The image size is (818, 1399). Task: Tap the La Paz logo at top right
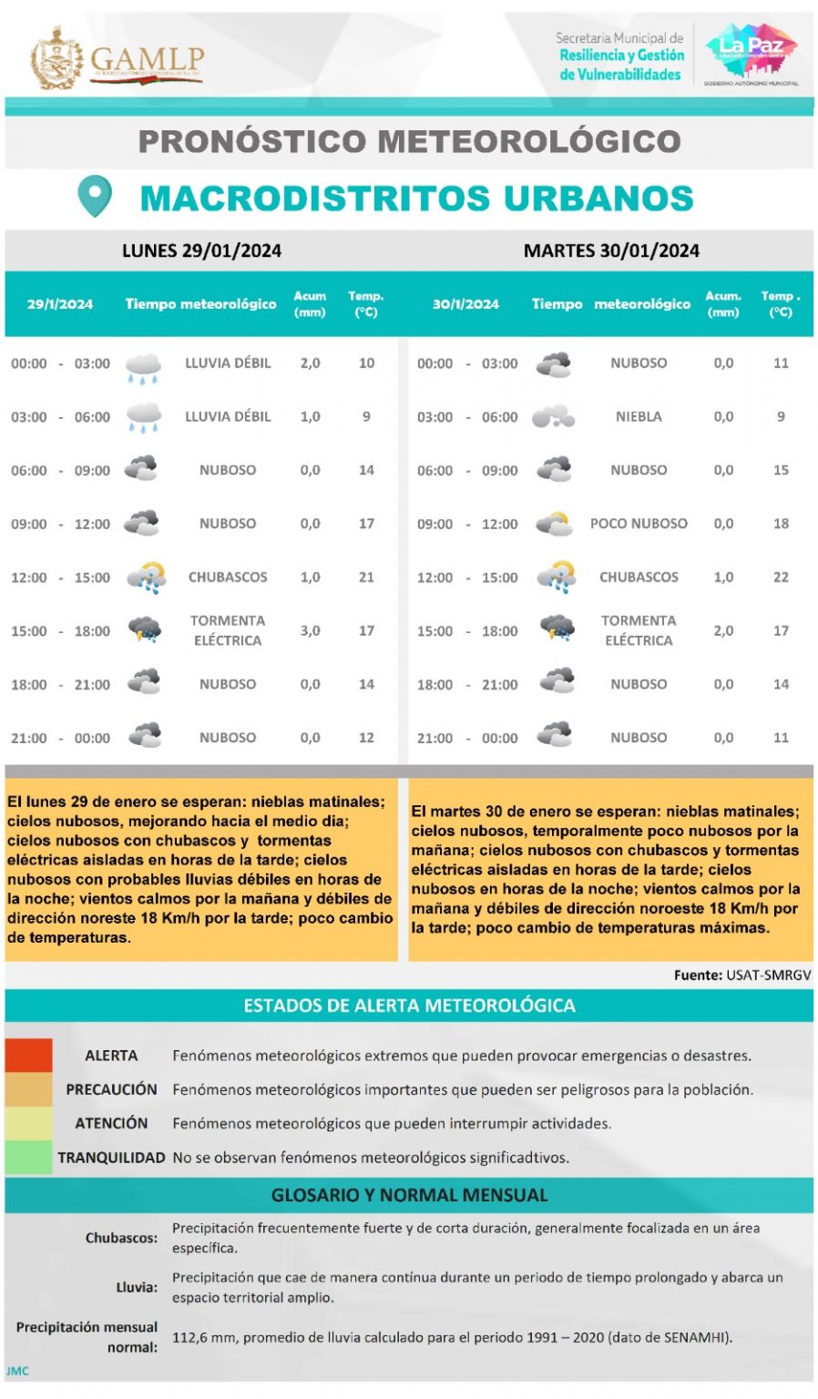(x=751, y=52)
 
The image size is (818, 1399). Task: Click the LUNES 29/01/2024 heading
(x=201, y=250)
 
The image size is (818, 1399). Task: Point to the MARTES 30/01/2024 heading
(x=611, y=250)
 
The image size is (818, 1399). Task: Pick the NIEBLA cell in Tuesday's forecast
(x=639, y=416)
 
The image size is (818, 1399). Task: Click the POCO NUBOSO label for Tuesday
(x=639, y=524)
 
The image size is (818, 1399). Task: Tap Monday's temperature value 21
(x=366, y=577)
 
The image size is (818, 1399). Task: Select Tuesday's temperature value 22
(x=781, y=577)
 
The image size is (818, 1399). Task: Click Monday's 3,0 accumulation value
(x=310, y=630)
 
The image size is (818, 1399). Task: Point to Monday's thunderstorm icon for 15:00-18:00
(x=144, y=629)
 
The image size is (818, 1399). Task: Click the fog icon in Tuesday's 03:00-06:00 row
(x=553, y=417)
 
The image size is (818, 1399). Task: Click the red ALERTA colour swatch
(x=28, y=1055)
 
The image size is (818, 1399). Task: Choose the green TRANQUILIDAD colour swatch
(x=28, y=1157)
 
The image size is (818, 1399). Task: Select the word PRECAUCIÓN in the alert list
(x=111, y=1089)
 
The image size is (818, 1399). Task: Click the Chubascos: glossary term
(x=121, y=1238)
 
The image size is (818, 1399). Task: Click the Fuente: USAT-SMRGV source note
(x=741, y=975)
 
